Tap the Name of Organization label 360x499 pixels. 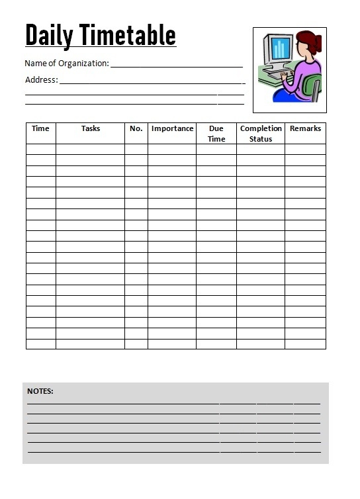(x=66, y=64)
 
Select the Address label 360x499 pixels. (x=41, y=80)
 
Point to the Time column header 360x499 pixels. (x=40, y=128)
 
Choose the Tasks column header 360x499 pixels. (x=91, y=128)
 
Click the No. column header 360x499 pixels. (x=136, y=128)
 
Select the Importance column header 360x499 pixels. (x=172, y=128)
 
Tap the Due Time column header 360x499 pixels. (x=216, y=134)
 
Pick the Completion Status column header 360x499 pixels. (x=261, y=134)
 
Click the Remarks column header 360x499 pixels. (x=305, y=128)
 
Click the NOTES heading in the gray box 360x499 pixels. (x=40, y=391)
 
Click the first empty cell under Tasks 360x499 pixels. (x=91, y=150)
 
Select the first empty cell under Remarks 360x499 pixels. (x=305, y=150)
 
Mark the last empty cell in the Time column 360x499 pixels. (x=40, y=344)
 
